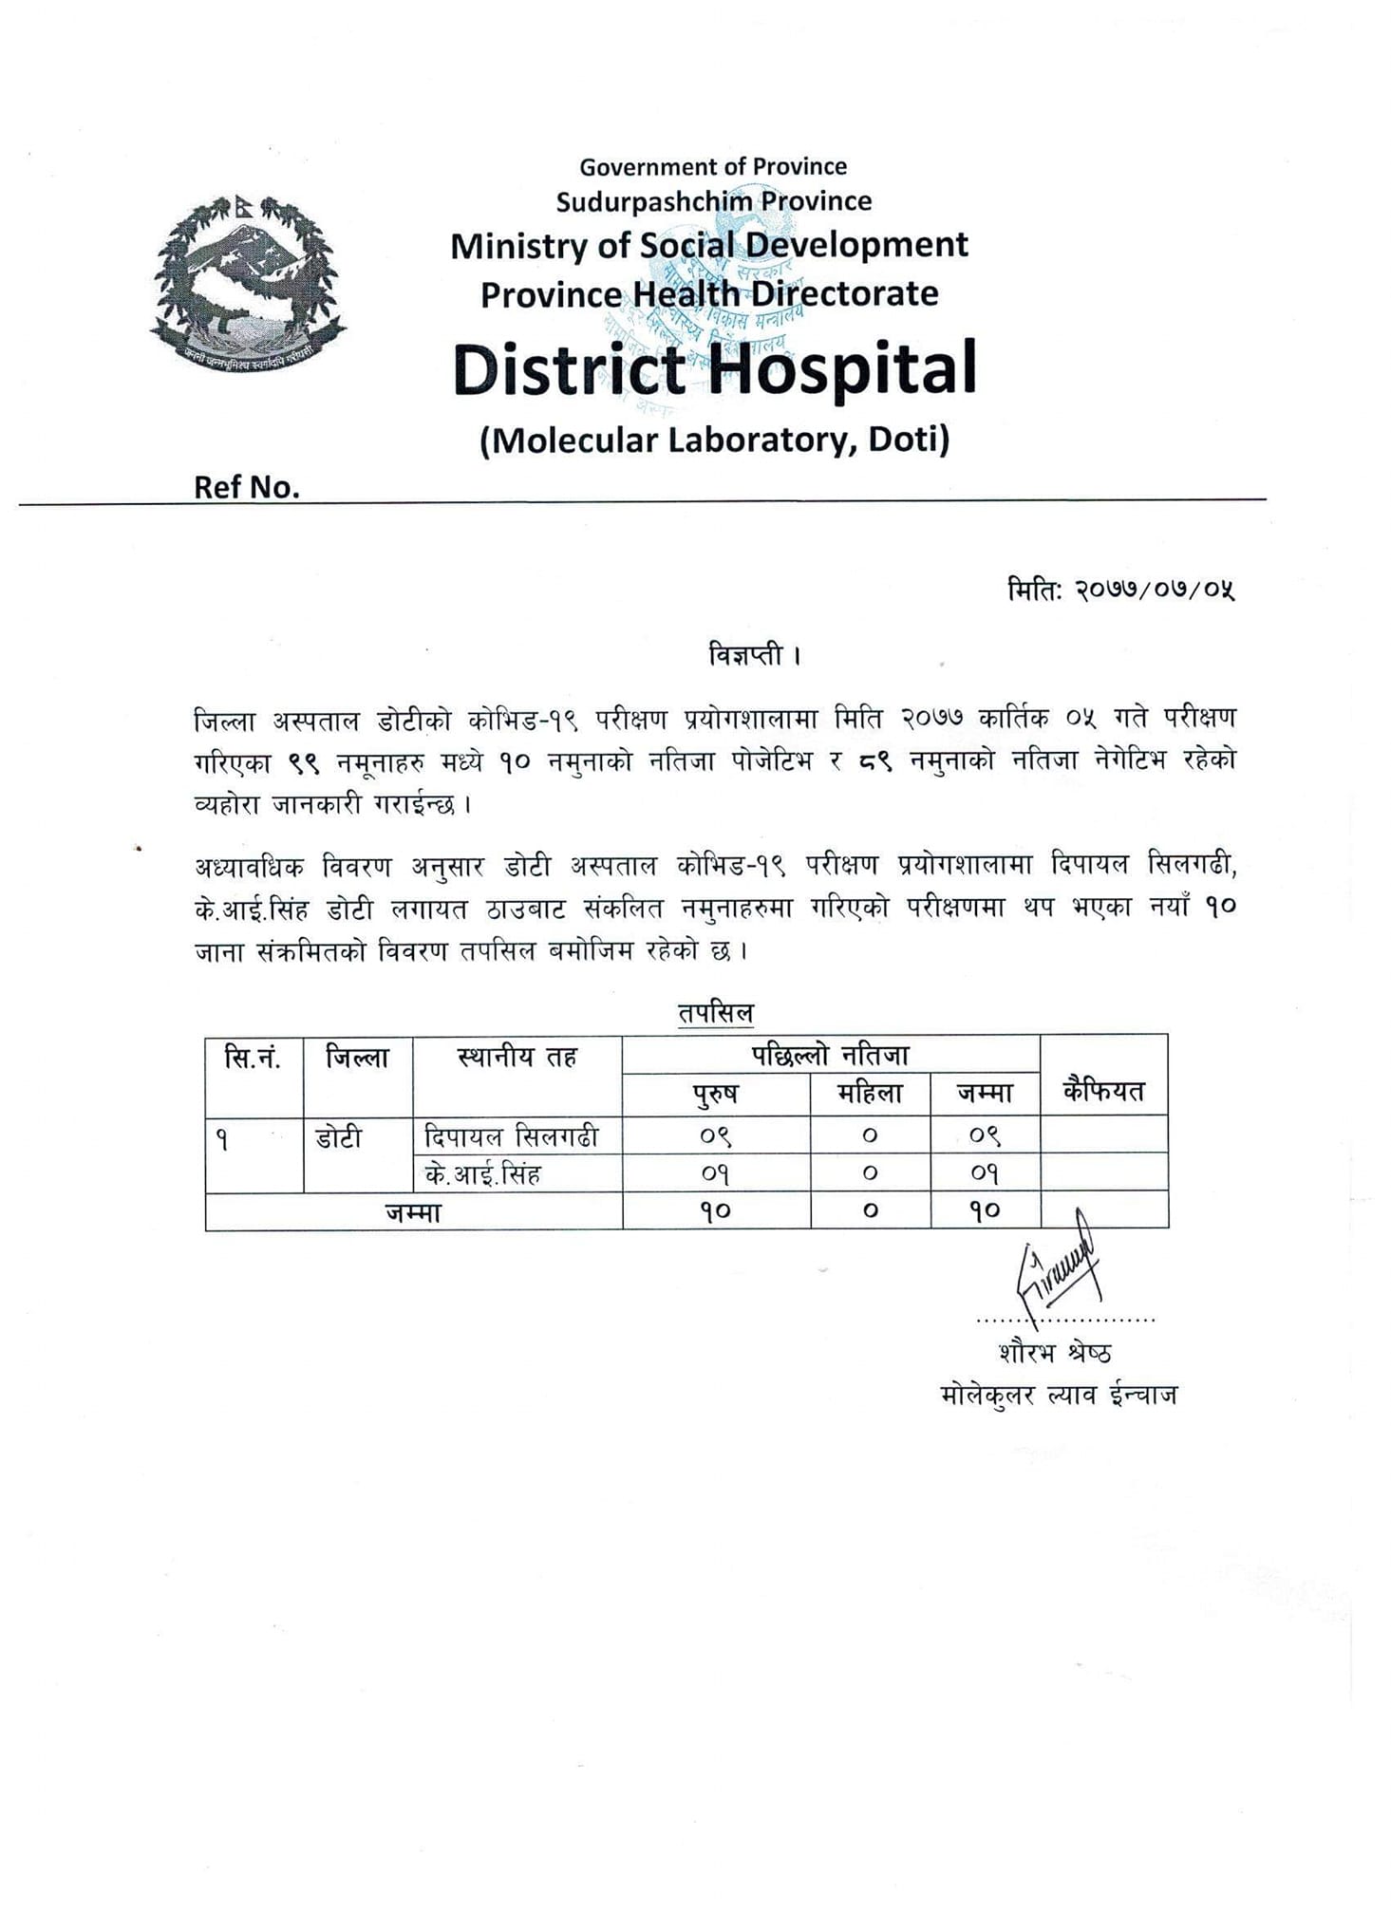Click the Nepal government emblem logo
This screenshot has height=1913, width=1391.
[x=246, y=282]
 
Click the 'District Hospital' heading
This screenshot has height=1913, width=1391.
[x=714, y=369]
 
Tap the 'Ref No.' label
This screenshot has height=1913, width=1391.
[x=246, y=487]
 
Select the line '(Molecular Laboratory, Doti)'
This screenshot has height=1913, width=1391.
[x=714, y=440]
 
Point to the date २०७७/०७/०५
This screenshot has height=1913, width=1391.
[x=1154, y=590]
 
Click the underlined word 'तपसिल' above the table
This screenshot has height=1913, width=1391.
[x=715, y=1013]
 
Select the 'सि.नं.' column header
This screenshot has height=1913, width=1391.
[x=254, y=1058]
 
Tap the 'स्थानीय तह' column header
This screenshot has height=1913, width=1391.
[x=517, y=1058]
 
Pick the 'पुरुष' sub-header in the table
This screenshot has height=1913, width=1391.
[x=716, y=1094]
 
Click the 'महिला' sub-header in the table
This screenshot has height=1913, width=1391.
[x=870, y=1094]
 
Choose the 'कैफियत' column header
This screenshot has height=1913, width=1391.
[x=1103, y=1091]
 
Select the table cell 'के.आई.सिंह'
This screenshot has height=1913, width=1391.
[x=483, y=1174]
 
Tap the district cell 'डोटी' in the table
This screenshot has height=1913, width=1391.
[x=338, y=1136]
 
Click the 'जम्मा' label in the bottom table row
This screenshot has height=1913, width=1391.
[x=413, y=1212]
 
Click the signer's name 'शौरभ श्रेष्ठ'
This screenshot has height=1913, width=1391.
[x=1054, y=1352]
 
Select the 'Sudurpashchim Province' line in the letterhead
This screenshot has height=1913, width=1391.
[x=713, y=201]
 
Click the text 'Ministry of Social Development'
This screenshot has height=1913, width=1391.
[x=708, y=246]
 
